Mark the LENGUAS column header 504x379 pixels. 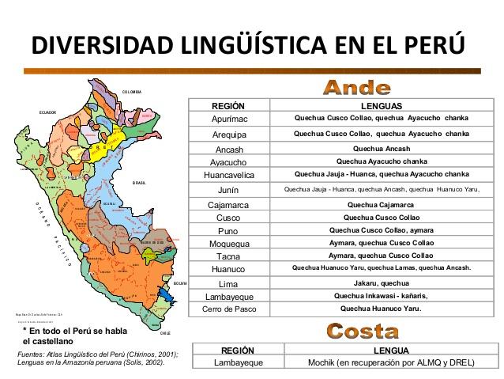pos(381,105)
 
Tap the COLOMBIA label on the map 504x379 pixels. pos(132,93)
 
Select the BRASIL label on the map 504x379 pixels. pos(139,182)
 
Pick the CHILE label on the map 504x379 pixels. pos(165,312)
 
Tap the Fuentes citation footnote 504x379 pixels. pos(96,358)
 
